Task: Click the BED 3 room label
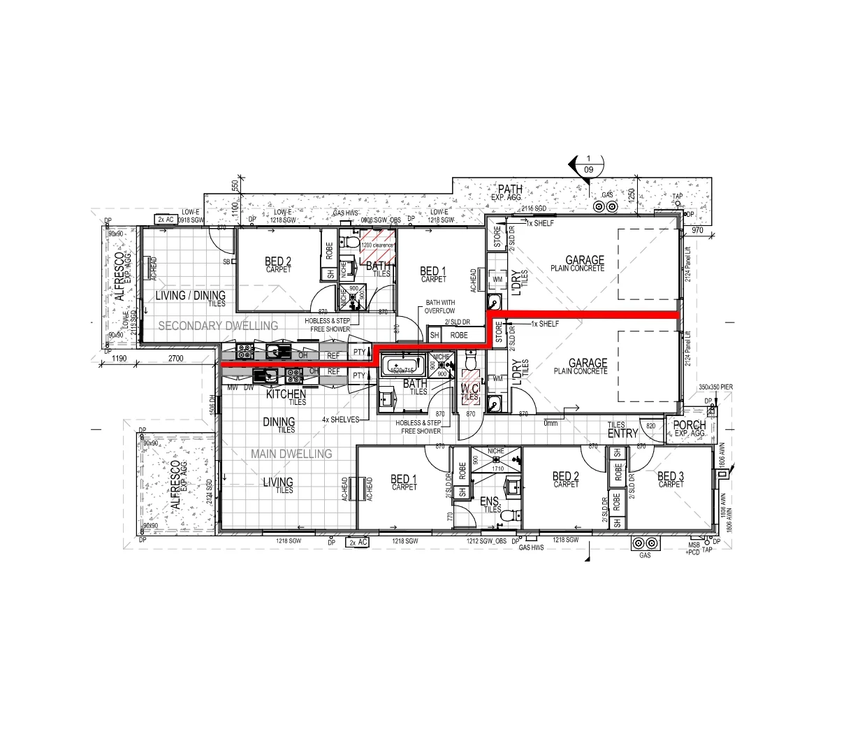(x=671, y=477)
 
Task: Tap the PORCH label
(x=689, y=426)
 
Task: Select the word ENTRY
(x=622, y=434)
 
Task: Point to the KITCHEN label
(x=286, y=395)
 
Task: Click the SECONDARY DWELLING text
(x=217, y=326)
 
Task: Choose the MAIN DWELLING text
(x=291, y=454)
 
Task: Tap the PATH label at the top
(x=510, y=189)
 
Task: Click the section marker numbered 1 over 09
(x=588, y=164)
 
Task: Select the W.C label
(x=469, y=388)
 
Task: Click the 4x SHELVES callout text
(x=340, y=420)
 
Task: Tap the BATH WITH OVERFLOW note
(x=440, y=307)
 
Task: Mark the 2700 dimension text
(x=175, y=359)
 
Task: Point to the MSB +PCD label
(x=693, y=548)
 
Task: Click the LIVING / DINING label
(x=190, y=296)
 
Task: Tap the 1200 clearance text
(x=377, y=245)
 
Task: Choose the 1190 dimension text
(x=118, y=359)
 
